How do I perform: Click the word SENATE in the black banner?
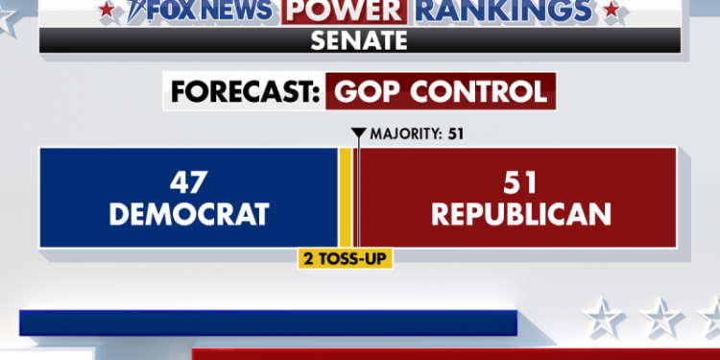(x=360, y=41)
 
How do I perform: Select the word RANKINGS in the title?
(x=505, y=11)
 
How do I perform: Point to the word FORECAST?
(x=242, y=92)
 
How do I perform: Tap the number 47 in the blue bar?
(x=187, y=182)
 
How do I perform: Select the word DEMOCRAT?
(x=187, y=213)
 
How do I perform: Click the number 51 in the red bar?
(x=520, y=182)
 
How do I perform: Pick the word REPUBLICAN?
(x=520, y=213)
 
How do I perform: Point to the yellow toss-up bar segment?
(x=344, y=197)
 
